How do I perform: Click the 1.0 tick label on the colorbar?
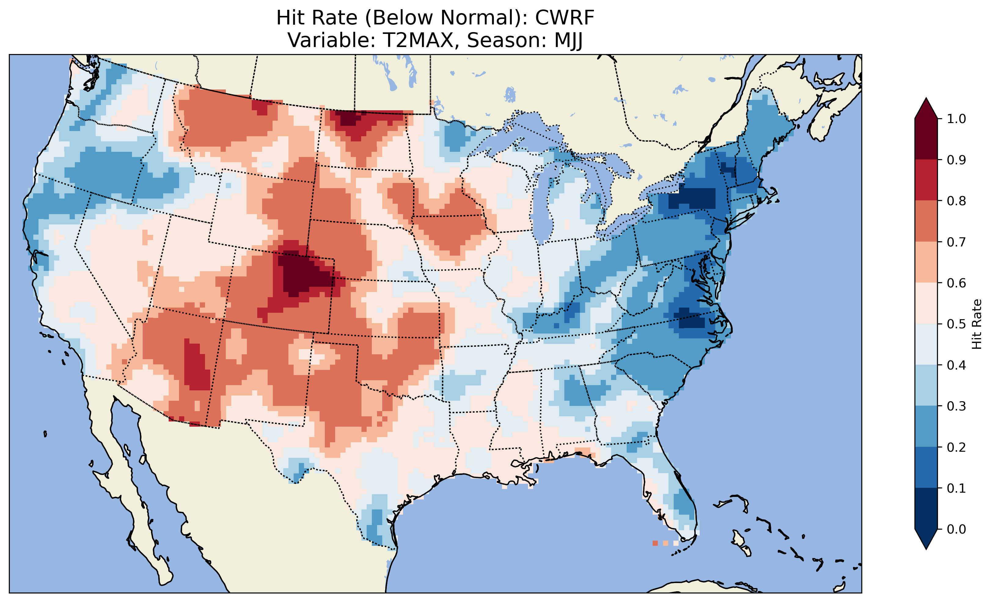coord(956,119)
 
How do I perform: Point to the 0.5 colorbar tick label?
coord(956,324)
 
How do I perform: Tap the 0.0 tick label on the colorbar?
coord(956,529)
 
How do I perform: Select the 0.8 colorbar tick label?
coord(956,201)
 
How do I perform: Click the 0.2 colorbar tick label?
coord(956,447)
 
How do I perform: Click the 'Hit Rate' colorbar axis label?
coord(976,324)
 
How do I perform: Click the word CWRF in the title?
coord(564,18)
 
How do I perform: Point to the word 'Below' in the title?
coord(403,18)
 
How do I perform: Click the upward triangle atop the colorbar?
coord(926,109)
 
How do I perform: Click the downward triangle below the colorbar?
coord(926,538)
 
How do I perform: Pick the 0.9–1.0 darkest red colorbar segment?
coord(926,139)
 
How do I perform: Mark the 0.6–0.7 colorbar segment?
coord(926,262)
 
